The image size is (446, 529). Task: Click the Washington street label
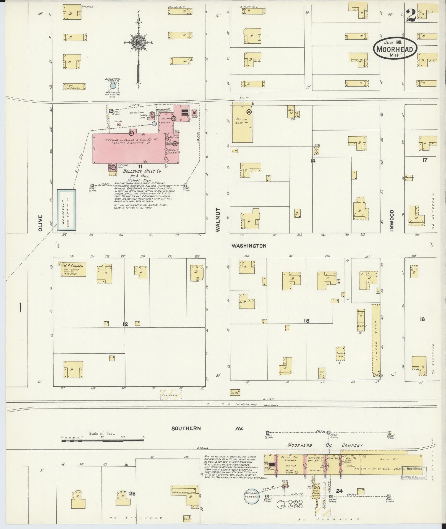(249, 246)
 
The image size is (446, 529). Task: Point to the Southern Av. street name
(207, 429)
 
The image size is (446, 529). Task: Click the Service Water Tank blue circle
(113, 86)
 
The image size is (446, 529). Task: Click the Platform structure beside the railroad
(171, 394)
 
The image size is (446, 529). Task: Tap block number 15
(306, 321)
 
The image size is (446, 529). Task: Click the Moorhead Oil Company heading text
(325, 445)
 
